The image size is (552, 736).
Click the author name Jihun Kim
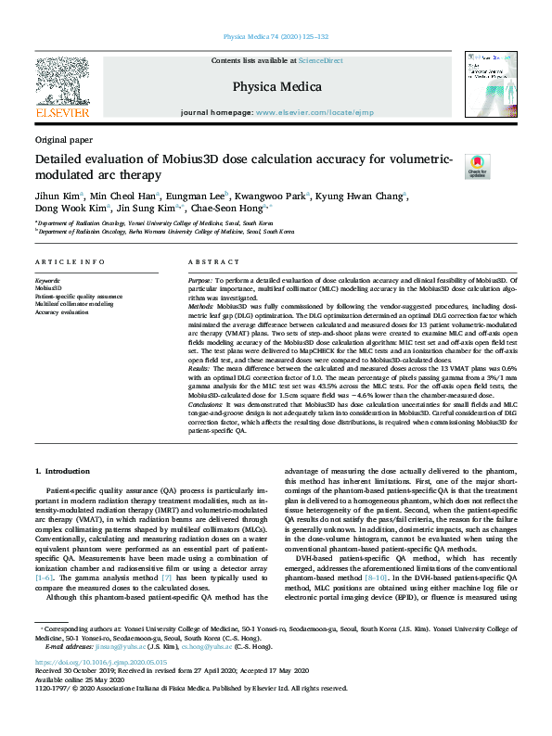click(x=58, y=196)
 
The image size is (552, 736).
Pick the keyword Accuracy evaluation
click(x=64, y=312)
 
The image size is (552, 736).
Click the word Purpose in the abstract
click(x=200, y=279)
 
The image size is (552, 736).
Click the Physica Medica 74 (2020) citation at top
click(x=276, y=37)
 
